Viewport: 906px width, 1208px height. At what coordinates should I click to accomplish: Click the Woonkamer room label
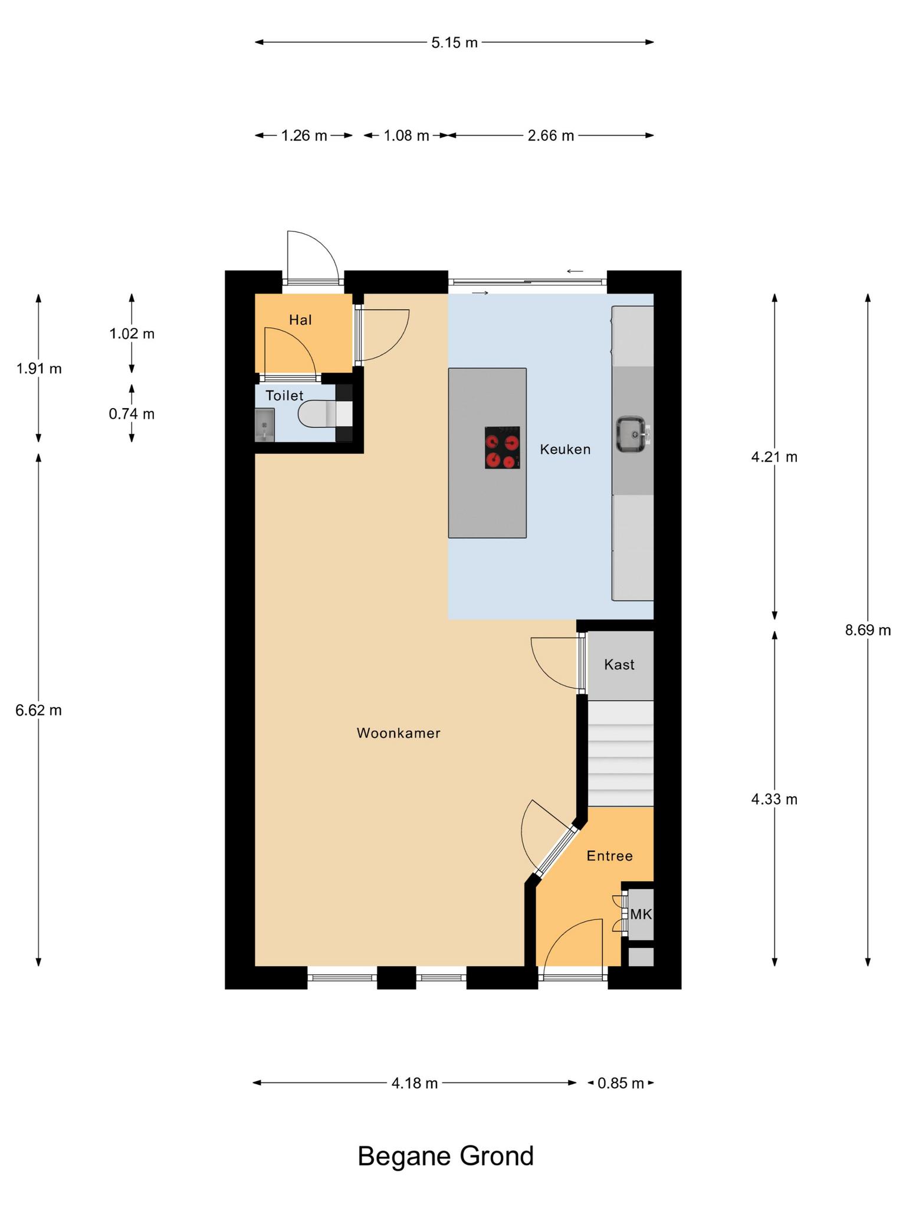point(399,733)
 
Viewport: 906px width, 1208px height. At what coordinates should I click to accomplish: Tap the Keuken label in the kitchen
point(565,449)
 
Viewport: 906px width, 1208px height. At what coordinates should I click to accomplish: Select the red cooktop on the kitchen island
point(503,448)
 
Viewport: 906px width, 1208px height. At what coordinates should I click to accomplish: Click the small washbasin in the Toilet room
point(265,425)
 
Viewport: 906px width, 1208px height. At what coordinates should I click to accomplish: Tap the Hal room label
point(300,320)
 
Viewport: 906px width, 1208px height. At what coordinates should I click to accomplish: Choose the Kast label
point(619,665)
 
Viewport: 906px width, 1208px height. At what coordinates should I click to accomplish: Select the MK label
point(641,914)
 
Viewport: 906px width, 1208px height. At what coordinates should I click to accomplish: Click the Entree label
point(609,856)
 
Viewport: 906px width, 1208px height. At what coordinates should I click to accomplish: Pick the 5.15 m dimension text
point(454,42)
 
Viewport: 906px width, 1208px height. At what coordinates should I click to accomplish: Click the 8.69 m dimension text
point(868,630)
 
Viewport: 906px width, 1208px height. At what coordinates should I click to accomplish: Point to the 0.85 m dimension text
point(621,1083)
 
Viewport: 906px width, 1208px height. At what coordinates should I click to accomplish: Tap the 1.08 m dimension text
point(406,136)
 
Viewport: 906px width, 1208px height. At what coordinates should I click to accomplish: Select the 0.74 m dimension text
point(132,414)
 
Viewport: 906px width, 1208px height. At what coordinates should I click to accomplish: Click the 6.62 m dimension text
point(38,710)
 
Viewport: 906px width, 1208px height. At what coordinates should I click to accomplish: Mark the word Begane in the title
point(405,1157)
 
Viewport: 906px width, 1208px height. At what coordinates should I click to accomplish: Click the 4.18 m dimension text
point(415,1083)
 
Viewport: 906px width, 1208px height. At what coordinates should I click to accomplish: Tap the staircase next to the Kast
point(621,753)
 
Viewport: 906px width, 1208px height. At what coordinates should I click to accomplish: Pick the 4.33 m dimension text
point(774,799)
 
